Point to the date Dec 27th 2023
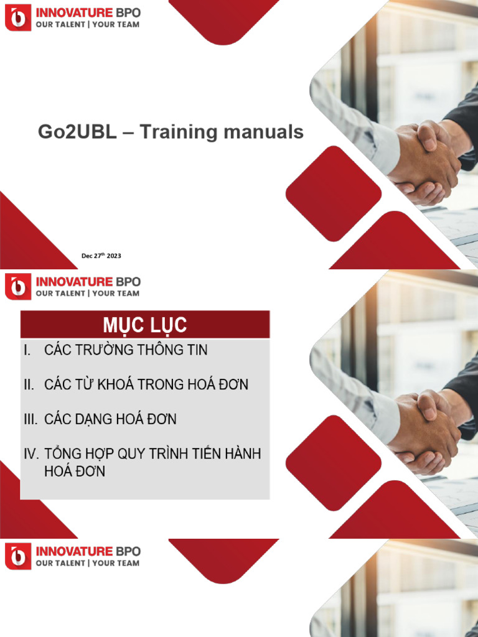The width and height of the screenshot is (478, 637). point(101,256)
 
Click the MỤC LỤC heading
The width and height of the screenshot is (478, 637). point(145,325)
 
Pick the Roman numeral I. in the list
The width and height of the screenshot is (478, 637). point(27,350)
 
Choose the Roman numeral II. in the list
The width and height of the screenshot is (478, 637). point(29,385)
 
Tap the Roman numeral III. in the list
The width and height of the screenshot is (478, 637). point(31,419)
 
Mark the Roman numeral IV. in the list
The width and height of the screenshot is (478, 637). point(32,453)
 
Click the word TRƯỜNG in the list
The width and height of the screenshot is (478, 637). point(112,350)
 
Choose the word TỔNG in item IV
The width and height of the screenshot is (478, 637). point(65,453)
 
